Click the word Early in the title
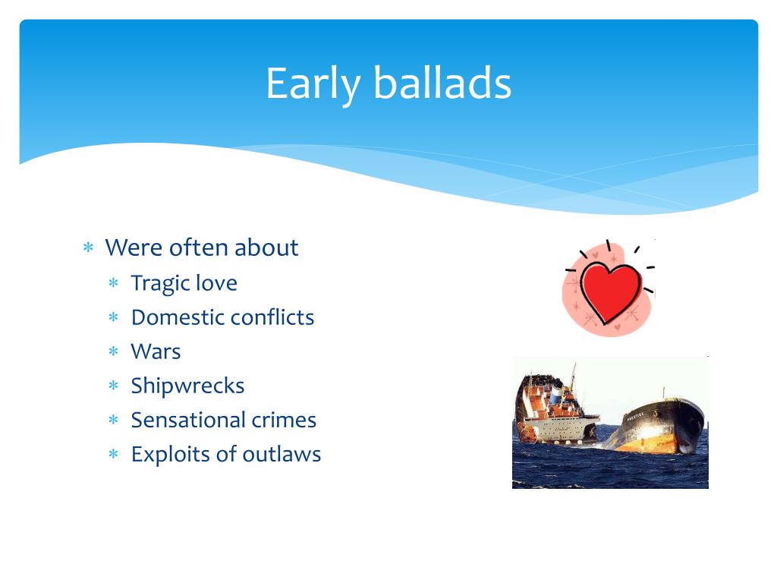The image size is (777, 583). (x=313, y=84)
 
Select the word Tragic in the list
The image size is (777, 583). (x=160, y=284)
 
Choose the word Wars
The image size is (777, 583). (x=156, y=351)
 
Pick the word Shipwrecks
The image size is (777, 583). (x=188, y=386)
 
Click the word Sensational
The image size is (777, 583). (x=188, y=420)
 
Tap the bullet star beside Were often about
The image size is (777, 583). (x=88, y=247)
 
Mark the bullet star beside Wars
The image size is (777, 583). (x=114, y=351)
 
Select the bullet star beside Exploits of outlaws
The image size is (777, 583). (x=114, y=454)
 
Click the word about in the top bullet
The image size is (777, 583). (x=266, y=247)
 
